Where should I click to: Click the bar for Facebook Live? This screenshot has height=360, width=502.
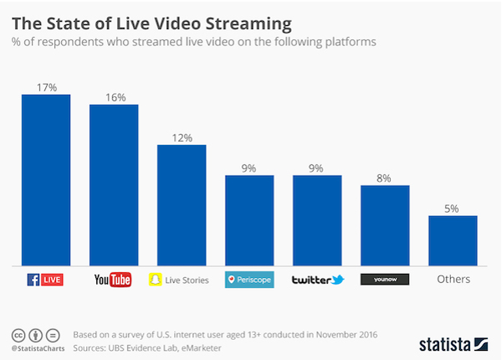point(46,180)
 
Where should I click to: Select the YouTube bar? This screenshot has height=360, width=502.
point(114,185)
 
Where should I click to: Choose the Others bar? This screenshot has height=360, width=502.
point(453,240)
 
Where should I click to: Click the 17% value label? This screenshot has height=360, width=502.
point(46,86)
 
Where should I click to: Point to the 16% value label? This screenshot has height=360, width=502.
point(114,96)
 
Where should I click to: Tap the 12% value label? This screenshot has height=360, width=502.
point(182,136)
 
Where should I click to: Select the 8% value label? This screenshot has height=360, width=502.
point(385,177)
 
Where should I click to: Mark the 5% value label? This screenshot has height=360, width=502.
point(453,208)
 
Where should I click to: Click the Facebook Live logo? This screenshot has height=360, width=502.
point(46,279)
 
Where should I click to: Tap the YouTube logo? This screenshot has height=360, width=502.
point(114,280)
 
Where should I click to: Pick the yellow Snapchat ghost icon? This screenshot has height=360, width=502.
point(154,280)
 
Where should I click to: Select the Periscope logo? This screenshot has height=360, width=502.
point(249,280)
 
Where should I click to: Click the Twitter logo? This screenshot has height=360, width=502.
point(317,280)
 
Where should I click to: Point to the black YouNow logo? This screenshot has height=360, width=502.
point(385,280)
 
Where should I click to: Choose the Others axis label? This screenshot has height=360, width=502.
point(453,280)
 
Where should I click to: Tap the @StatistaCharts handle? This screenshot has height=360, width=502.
point(38,347)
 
